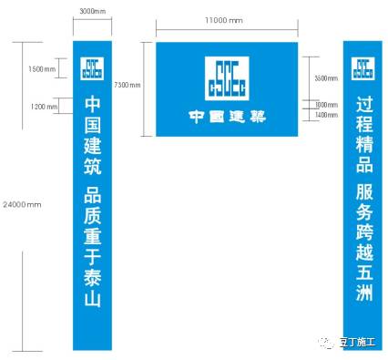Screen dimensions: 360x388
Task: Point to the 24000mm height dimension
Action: click(23, 203)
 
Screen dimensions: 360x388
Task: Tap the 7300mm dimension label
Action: click(128, 86)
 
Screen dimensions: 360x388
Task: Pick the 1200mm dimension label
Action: click(44, 107)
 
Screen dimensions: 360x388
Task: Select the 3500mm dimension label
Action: click(326, 79)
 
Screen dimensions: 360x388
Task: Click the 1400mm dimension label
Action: click(326, 116)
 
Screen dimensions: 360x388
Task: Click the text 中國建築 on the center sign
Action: click(227, 116)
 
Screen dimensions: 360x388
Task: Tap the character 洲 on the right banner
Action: click(363, 293)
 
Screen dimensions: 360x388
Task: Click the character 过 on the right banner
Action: click(363, 103)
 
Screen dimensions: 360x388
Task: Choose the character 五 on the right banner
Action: click(363, 271)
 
